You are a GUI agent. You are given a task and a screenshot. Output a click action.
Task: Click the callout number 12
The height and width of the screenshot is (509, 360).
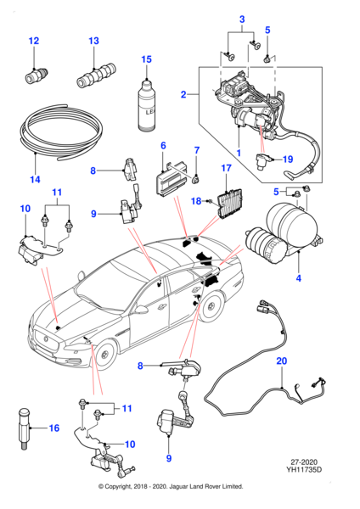click(x=34, y=41)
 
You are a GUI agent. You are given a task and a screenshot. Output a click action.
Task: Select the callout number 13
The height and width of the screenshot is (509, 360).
click(x=93, y=41)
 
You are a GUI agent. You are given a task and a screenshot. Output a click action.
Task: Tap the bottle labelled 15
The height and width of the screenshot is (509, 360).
click(x=147, y=105)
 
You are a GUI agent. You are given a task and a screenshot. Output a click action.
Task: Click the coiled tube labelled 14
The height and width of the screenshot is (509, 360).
click(x=61, y=132)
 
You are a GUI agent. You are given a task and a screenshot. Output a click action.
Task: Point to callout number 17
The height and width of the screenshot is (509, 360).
click(x=226, y=168)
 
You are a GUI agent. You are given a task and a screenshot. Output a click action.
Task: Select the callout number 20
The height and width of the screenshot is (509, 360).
click(x=282, y=361)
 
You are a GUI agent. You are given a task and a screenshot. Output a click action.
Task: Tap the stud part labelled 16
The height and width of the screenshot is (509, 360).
click(x=25, y=428)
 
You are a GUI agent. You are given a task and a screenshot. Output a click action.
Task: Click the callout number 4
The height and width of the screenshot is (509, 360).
click(x=299, y=278)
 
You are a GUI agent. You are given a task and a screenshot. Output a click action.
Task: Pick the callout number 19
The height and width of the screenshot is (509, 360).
click(x=288, y=159)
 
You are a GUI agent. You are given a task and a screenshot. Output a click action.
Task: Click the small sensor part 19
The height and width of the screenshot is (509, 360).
click(x=262, y=160)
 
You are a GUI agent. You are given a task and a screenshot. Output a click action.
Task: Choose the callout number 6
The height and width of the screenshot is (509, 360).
click(x=163, y=145)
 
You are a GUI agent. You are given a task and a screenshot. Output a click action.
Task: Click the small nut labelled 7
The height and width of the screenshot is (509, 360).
click(x=196, y=178)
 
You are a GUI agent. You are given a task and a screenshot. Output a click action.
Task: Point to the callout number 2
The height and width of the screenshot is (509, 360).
click(x=183, y=94)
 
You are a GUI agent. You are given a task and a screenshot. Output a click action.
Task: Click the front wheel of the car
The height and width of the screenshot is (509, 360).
click(x=104, y=355)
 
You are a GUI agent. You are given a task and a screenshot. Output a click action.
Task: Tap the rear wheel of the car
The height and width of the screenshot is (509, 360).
click(x=211, y=306)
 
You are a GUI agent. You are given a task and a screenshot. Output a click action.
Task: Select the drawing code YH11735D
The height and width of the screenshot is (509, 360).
click(x=304, y=470)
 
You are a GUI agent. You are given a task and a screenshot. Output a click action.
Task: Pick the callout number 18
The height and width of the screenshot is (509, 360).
click(x=196, y=201)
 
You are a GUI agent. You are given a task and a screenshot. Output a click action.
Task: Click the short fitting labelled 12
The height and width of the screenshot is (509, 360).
click(x=37, y=75)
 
